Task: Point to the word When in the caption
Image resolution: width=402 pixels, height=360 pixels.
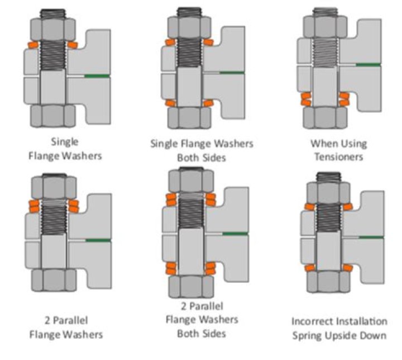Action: pos(323,143)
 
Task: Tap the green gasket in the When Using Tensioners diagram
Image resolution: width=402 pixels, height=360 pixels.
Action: pos(368,65)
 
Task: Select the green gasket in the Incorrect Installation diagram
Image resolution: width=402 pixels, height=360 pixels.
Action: pos(370,237)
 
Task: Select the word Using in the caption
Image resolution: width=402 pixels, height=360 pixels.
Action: pos(352,143)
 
